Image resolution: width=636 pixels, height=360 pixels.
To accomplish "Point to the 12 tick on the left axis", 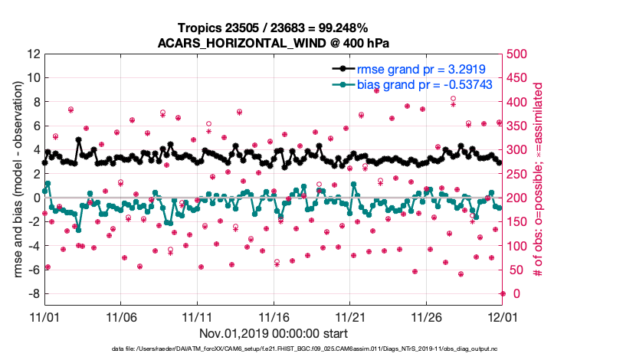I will [x=34, y=54].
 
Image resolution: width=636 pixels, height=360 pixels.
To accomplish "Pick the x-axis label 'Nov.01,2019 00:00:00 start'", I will [x=274, y=334].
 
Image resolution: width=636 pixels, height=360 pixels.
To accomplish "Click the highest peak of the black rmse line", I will [x=78, y=140].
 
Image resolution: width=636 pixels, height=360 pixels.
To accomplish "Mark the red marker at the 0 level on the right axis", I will [x=503, y=293].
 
